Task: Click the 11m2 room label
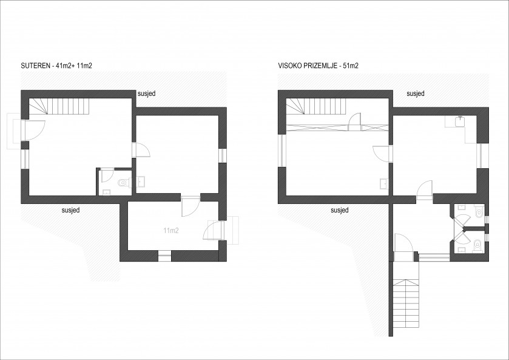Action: tap(171, 231)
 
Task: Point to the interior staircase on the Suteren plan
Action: tap(59, 106)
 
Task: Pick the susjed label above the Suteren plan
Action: tap(147, 93)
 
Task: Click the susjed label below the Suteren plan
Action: tap(71, 210)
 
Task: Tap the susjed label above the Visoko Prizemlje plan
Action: tap(416, 93)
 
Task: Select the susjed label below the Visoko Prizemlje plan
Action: tap(340, 210)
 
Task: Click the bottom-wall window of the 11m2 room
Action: tap(164, 256)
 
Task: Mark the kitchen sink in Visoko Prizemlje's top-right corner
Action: tap(460, 121)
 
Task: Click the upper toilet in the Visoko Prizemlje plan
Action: tap(479, 211)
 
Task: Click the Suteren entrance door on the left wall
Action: tap(33, 130)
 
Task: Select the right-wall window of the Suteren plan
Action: tap(223, 155)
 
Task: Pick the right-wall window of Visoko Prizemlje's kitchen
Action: tap(485, 155)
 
